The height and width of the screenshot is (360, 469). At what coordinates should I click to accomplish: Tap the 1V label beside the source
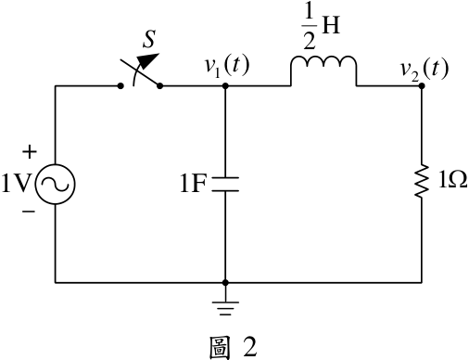(17, 184)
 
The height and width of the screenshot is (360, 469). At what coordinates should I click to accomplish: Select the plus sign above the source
(30, 152)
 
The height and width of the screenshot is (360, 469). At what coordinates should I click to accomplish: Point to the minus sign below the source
(29, 212)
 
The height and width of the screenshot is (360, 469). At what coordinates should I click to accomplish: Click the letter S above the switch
(149, 39)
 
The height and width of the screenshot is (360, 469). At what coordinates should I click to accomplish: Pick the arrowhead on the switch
(148, 60)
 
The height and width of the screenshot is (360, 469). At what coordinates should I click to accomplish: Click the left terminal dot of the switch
(120, 86)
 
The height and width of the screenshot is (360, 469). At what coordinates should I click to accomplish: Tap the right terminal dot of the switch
(159, 86)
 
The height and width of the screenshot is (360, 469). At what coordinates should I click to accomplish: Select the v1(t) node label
(227, 67)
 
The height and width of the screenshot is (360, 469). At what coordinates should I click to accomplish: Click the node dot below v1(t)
(225, 86)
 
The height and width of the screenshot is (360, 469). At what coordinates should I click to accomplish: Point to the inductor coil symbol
(323, 71)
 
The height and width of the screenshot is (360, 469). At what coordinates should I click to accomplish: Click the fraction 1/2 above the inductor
(310, 27)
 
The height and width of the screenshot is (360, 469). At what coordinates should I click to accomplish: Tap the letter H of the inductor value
(331, 25)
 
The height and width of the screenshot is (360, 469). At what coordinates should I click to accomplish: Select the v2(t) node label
(424, 70)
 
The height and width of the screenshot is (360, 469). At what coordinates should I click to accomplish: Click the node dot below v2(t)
(422, 86)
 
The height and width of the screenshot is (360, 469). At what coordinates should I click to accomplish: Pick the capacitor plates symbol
(225, 185)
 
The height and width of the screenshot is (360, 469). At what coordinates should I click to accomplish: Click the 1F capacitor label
(193, 184)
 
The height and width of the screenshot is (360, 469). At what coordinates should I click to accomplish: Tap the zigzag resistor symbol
(422, 181)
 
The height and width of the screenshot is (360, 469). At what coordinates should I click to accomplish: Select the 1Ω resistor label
(452, 179)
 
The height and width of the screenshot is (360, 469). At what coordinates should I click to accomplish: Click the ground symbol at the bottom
(225, 308)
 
